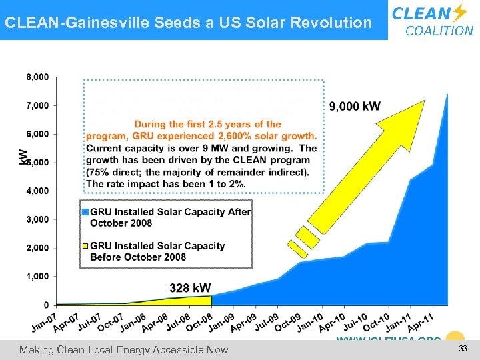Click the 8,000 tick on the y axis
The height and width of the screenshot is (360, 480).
tap(37, 77)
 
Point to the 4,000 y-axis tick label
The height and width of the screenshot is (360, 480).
tap(37, 191)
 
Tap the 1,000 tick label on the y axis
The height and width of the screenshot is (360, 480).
tap(37, 276)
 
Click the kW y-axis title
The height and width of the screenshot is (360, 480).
tap(25, 158)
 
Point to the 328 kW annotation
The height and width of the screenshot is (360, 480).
tap(191, 288)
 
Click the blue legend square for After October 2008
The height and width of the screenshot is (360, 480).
tap(85, 212)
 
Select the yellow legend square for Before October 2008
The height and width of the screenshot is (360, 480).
tap(85, 246)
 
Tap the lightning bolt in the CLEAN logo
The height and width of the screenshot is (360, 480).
tap(459, 13)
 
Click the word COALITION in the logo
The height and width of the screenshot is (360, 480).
tap(439, 31)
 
